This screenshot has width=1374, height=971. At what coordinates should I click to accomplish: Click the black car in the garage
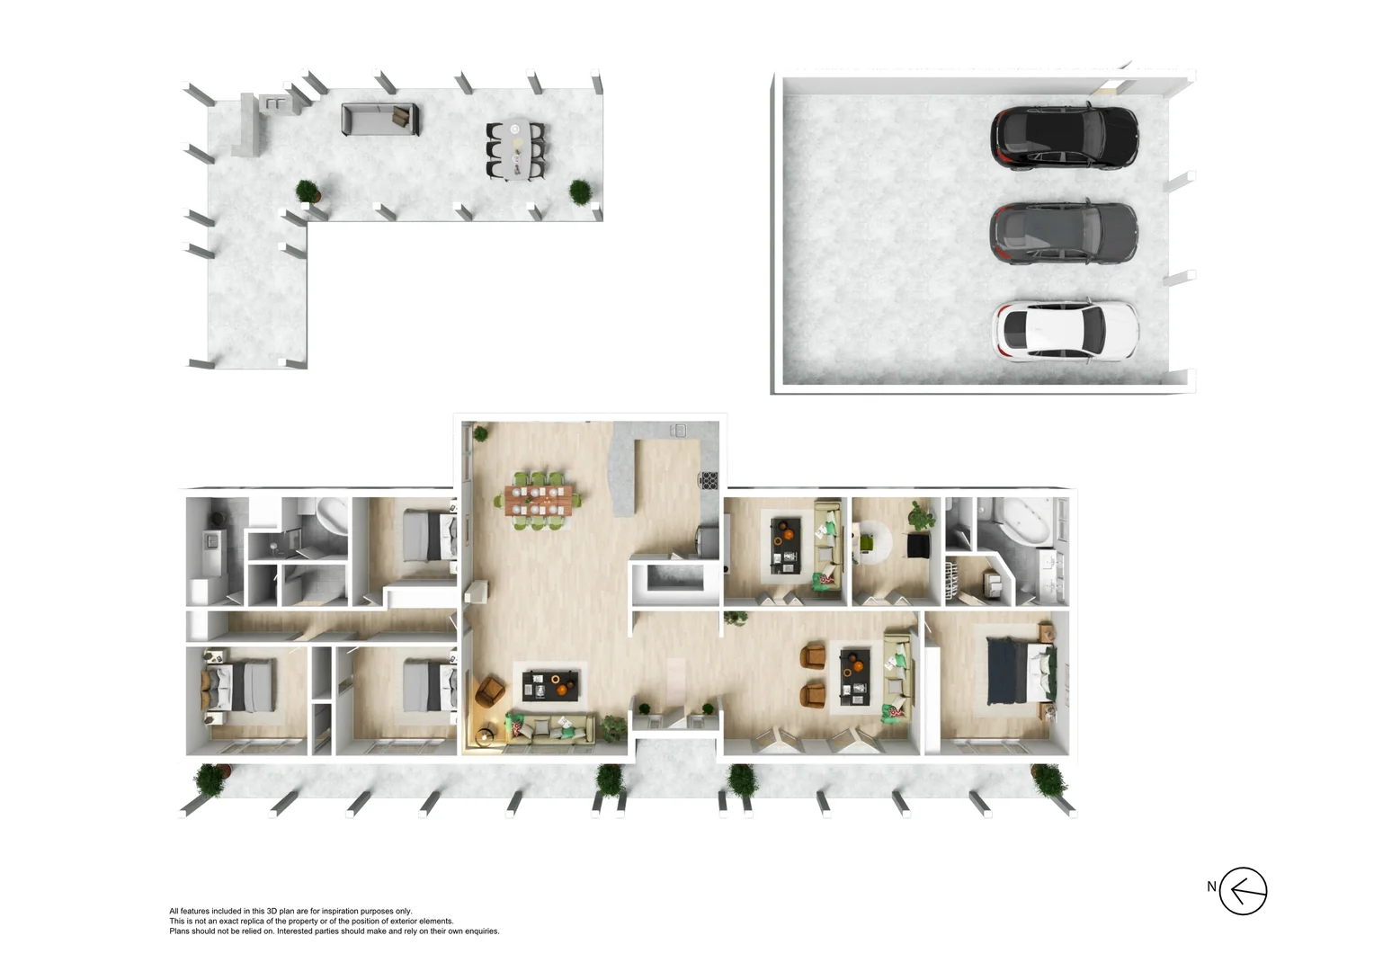pyautogui.click(x=1064, y=138)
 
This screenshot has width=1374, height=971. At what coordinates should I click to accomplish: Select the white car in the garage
pyautogui.click(x=1065, y=330)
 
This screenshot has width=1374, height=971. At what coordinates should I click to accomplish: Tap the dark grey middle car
pyautogui.click(x=1064, y=233)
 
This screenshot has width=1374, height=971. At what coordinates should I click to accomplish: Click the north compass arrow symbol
pyautogui.click(x=1244, y=891)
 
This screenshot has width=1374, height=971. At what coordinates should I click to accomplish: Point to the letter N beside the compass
pyautogui.click(x=1211, y=886)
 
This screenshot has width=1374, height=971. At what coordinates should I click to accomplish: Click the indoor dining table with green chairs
pyautogui.click(x=539, y=500)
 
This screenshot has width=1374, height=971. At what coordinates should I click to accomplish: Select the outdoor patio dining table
pyautogui.click(x=515, y=149)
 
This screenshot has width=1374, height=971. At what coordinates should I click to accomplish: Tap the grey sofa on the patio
pyautogui.click(x=380, y=119)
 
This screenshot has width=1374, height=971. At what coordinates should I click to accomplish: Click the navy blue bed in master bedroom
pyautogui.click(x=1015, y=669)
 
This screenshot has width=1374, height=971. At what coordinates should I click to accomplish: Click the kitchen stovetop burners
pyautogui.click(x=709, y=480)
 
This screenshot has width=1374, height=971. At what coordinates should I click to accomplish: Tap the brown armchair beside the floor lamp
pyautogui.click(x=490, y=691)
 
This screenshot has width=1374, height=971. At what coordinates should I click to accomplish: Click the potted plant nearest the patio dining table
pyautogui.click(x=580, y=192)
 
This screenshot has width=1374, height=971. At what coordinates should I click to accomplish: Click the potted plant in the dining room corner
pyautogui.click(x=481, y=432)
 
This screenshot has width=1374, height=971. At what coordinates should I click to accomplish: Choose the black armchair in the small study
pyautogui.click(x=918, y=546)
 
